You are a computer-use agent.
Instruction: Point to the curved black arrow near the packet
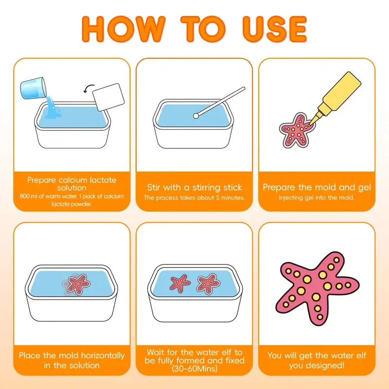click(x=87, y=88)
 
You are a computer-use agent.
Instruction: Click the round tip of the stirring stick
click(x=195, y=116)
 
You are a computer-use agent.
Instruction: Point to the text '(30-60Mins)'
click(x=194, y=369)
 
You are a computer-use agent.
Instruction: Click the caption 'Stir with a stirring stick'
click(x=194, y=187)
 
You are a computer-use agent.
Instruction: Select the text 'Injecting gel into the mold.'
click(x=317, y=197)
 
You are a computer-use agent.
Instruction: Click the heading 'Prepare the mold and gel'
click(x=317, y=187)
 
